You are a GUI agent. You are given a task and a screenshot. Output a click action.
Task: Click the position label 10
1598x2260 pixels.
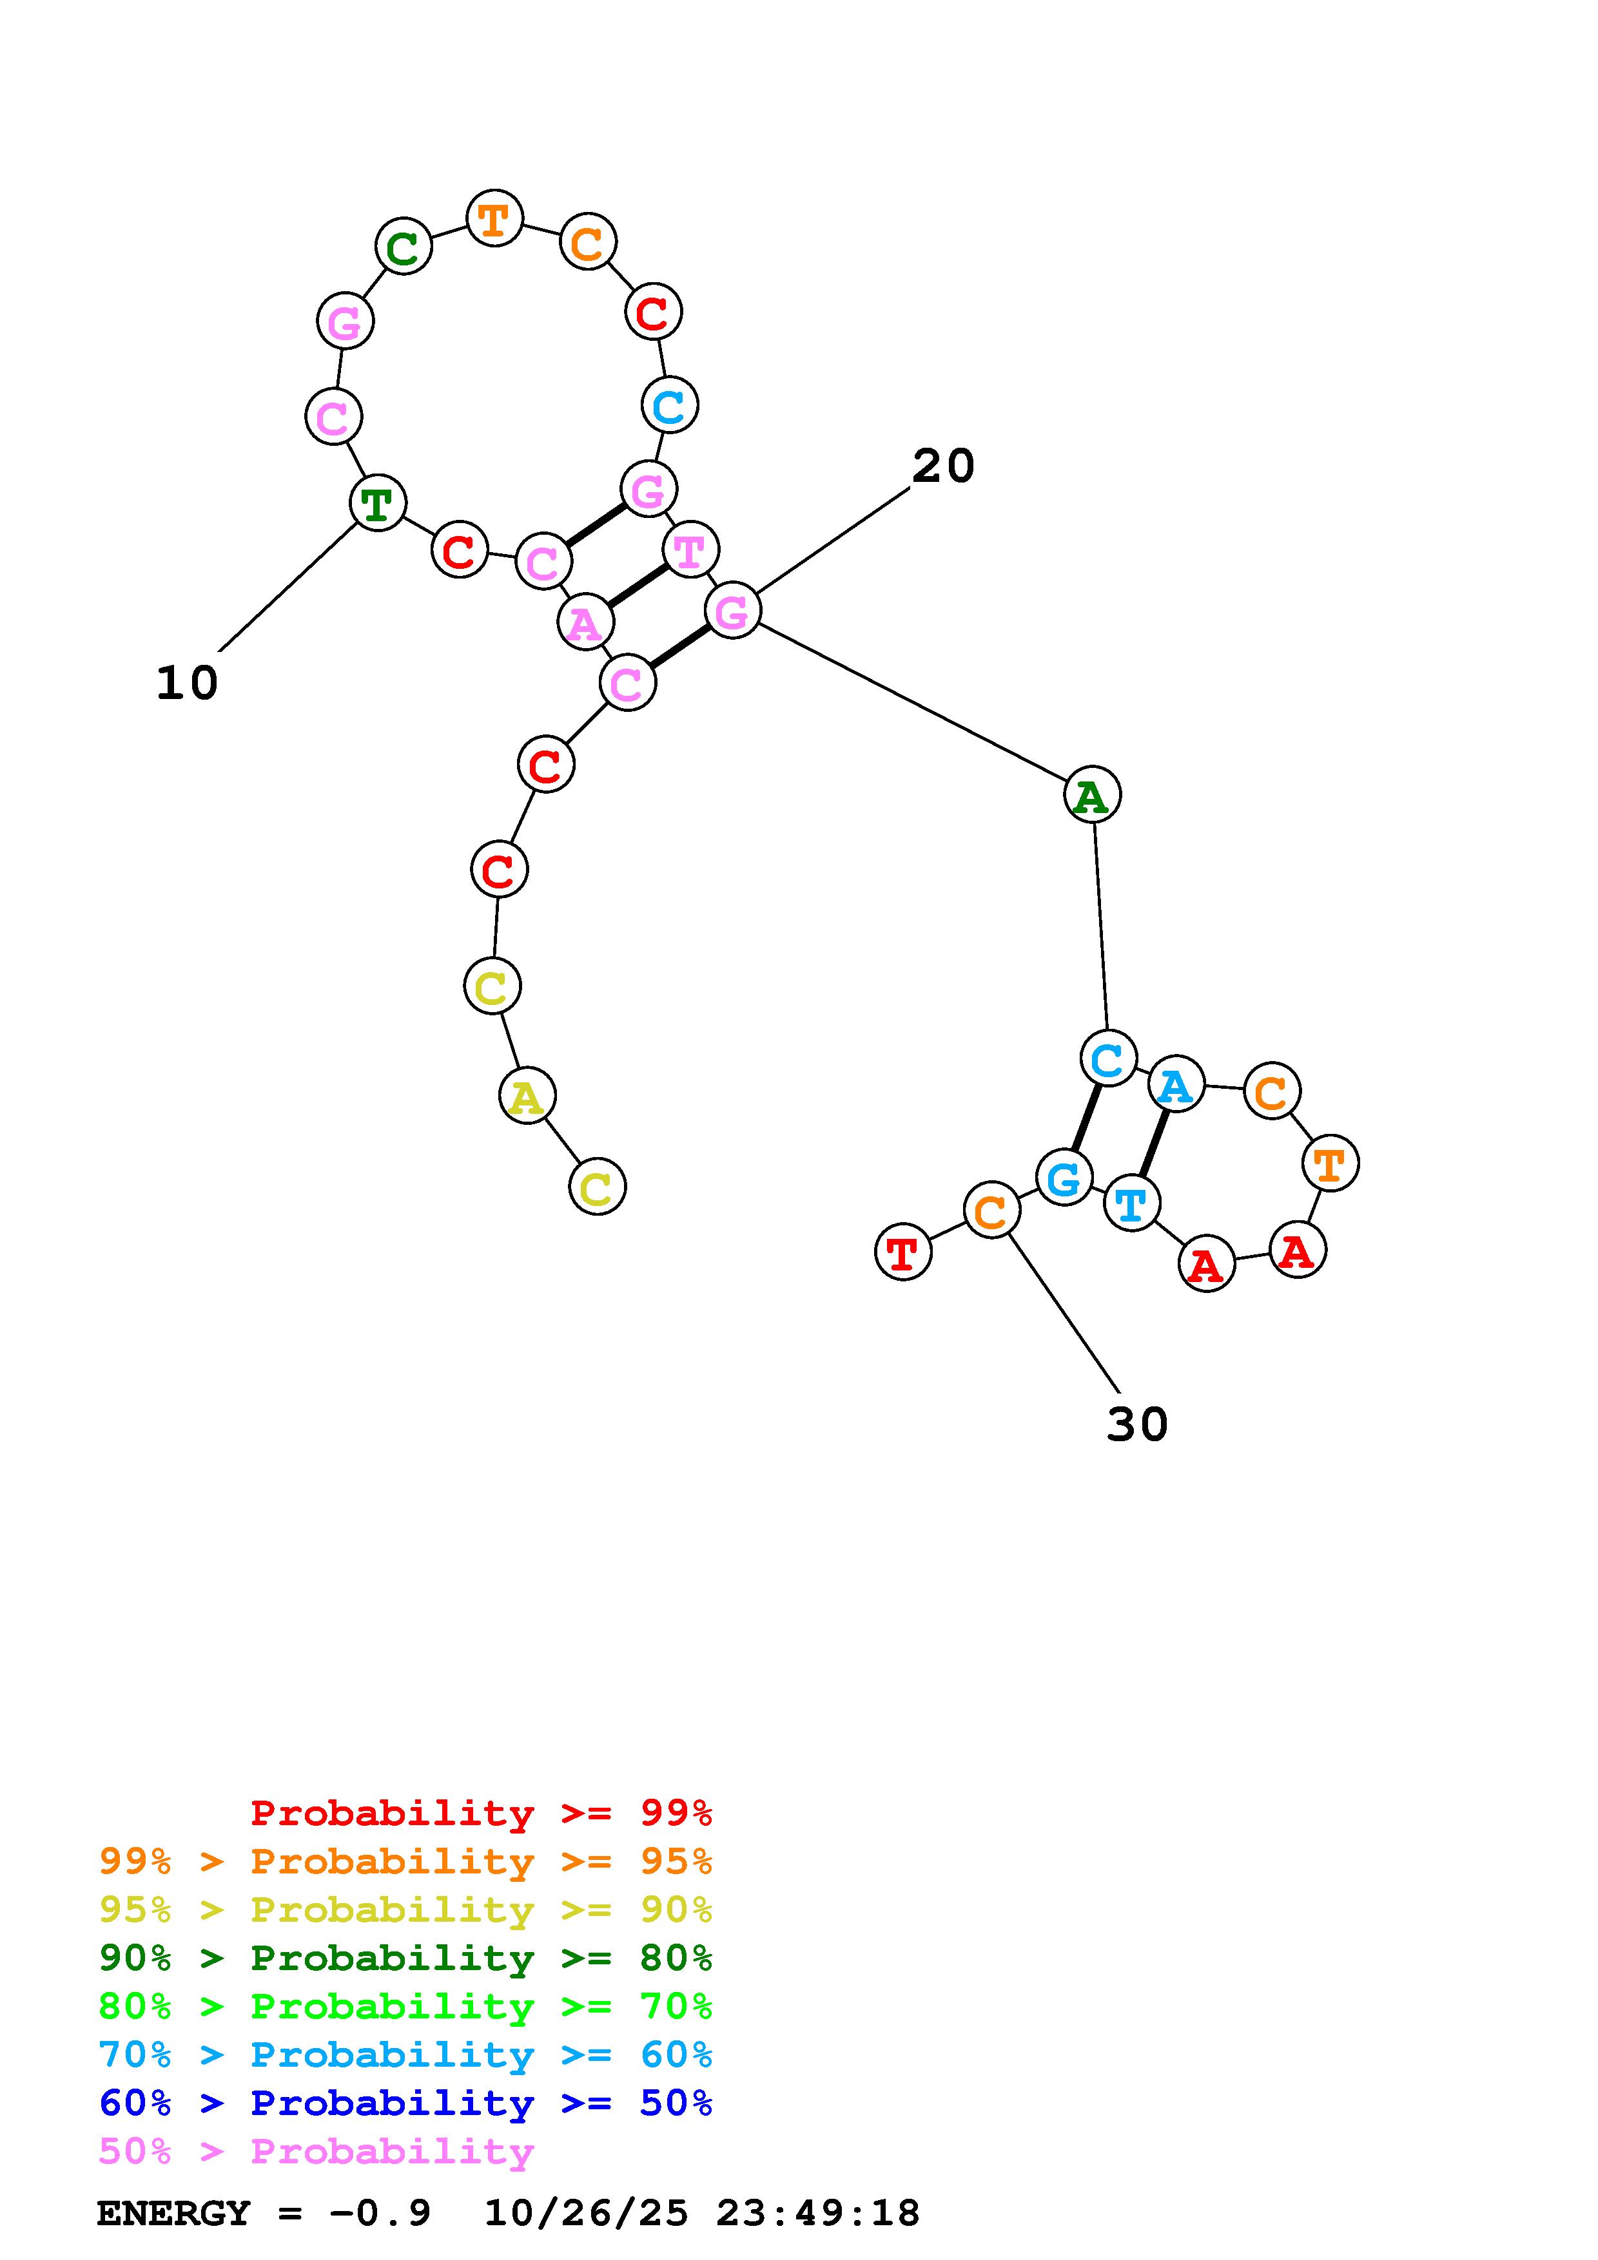[187, 683]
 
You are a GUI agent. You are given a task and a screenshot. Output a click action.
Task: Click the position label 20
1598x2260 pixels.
[942, 466]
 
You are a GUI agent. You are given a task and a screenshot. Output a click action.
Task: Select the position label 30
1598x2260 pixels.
[1137, 1424]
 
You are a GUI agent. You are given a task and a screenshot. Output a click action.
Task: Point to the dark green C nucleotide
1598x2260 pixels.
[404, 246]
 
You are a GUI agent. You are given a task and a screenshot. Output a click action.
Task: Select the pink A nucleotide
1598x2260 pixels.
[585, 622]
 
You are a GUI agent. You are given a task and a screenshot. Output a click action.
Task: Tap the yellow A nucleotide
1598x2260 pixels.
[527, 1096]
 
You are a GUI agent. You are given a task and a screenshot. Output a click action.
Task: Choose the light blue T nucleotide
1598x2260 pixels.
[1131, 1203]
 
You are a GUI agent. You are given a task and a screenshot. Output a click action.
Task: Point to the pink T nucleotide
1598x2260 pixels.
[690, 550]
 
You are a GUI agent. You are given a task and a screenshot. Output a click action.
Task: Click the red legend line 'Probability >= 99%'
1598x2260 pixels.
[482, 1813]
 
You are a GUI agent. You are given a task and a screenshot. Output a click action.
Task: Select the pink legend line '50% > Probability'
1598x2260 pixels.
[316, 2152]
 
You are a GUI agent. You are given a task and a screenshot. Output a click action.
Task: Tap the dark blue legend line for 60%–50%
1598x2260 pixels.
[405, 2103]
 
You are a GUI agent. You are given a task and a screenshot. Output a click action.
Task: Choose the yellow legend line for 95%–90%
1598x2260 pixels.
[405, 1910]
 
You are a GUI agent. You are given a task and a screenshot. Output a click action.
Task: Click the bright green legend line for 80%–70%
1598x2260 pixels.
[405, 2006]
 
